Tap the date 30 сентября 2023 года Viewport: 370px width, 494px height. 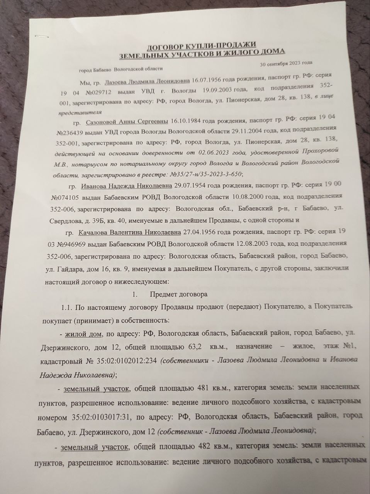286,63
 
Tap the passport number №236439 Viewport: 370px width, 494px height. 71,133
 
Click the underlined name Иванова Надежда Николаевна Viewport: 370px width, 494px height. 127,186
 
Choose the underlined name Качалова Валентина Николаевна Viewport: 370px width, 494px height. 129,233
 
